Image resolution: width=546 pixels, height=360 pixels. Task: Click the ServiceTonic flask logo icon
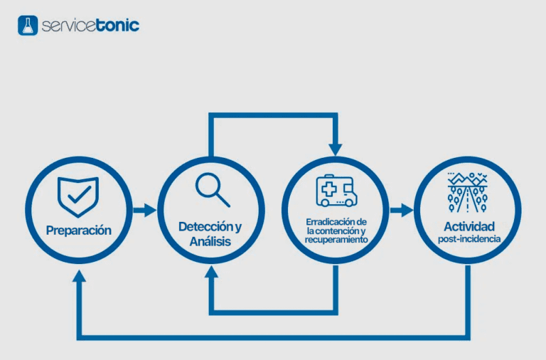27,26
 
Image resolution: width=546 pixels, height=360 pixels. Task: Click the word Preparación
79,231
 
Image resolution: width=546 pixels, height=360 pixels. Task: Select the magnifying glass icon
212,189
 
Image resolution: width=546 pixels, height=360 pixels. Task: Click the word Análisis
210,243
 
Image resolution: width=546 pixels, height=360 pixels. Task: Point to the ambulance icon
336,190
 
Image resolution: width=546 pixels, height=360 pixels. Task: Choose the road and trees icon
467,192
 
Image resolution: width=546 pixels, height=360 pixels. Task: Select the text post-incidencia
467,240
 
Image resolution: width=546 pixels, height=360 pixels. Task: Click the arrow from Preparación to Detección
144,210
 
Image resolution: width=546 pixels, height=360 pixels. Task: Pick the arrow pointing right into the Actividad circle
402,210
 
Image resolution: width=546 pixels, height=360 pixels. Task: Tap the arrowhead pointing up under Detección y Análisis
211,273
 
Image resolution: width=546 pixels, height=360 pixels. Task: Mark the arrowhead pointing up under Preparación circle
79,275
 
